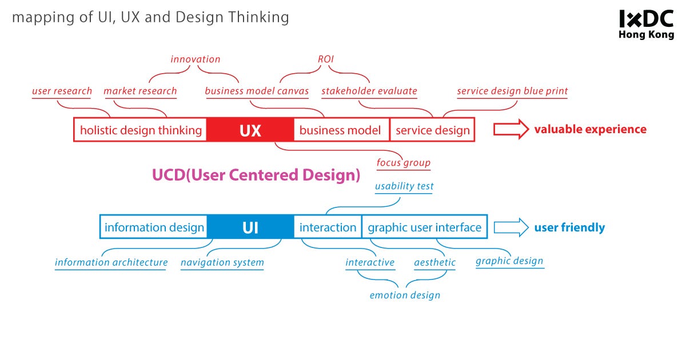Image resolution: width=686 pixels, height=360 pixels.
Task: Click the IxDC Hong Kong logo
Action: coord(647,25)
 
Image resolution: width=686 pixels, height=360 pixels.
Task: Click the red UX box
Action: coord(250,130)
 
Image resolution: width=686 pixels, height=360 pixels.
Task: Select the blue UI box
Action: coord(250,227)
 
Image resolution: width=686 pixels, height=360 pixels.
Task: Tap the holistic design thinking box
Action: coord(141,130)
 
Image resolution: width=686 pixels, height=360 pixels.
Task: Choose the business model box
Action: coord(340,130)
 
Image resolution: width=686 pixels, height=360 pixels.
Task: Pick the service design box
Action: coord(432,130)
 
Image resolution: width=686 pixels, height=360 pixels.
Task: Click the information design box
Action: coord(154,227)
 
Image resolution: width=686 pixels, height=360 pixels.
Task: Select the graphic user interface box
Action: coord(424,227)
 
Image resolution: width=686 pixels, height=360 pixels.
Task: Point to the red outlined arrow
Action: coord(510,130)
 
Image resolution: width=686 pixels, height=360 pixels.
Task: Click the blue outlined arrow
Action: coord(510,227)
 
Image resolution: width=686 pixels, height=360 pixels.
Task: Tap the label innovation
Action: coord(195,59)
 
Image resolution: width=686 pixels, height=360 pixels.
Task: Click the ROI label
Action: coord(325,59)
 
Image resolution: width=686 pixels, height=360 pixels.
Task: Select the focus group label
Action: coord(403,163)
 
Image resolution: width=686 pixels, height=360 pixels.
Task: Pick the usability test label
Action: coord(404,186)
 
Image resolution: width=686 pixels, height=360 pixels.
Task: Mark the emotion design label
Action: coord(405,295)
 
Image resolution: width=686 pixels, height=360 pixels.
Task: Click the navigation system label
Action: coord(222,263)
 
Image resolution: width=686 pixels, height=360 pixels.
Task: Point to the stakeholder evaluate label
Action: coord(369,91)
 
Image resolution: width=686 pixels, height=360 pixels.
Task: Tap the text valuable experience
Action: coord(590,129)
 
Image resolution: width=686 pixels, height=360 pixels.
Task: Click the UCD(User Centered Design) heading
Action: coord(256,175)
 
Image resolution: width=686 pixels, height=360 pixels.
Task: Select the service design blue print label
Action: coord(512,91)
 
